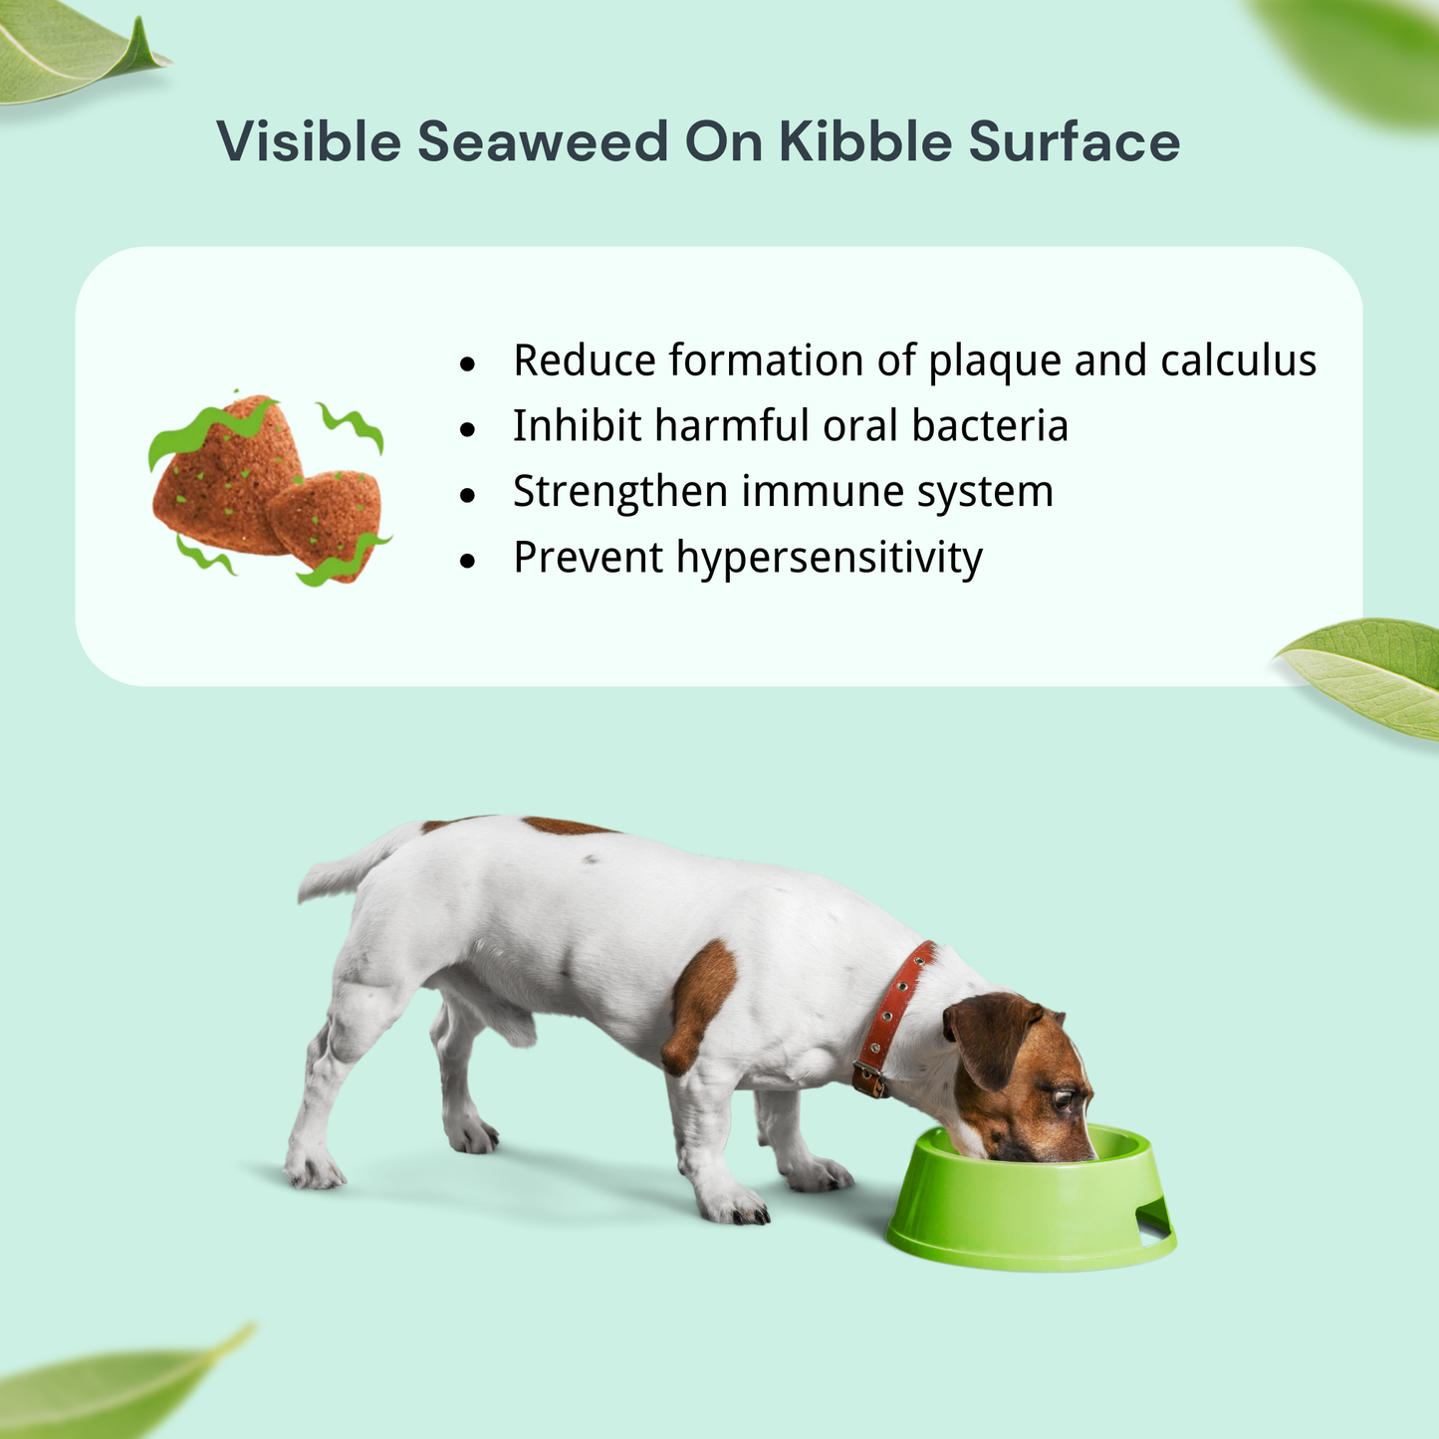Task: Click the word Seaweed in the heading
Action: click(x=542, y=141)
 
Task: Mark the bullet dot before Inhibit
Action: click(x=468, y=429)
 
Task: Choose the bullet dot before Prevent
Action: click(x=468, y=561)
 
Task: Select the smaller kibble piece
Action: click(x=324, y=523)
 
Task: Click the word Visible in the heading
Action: click(x=308, y=141)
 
